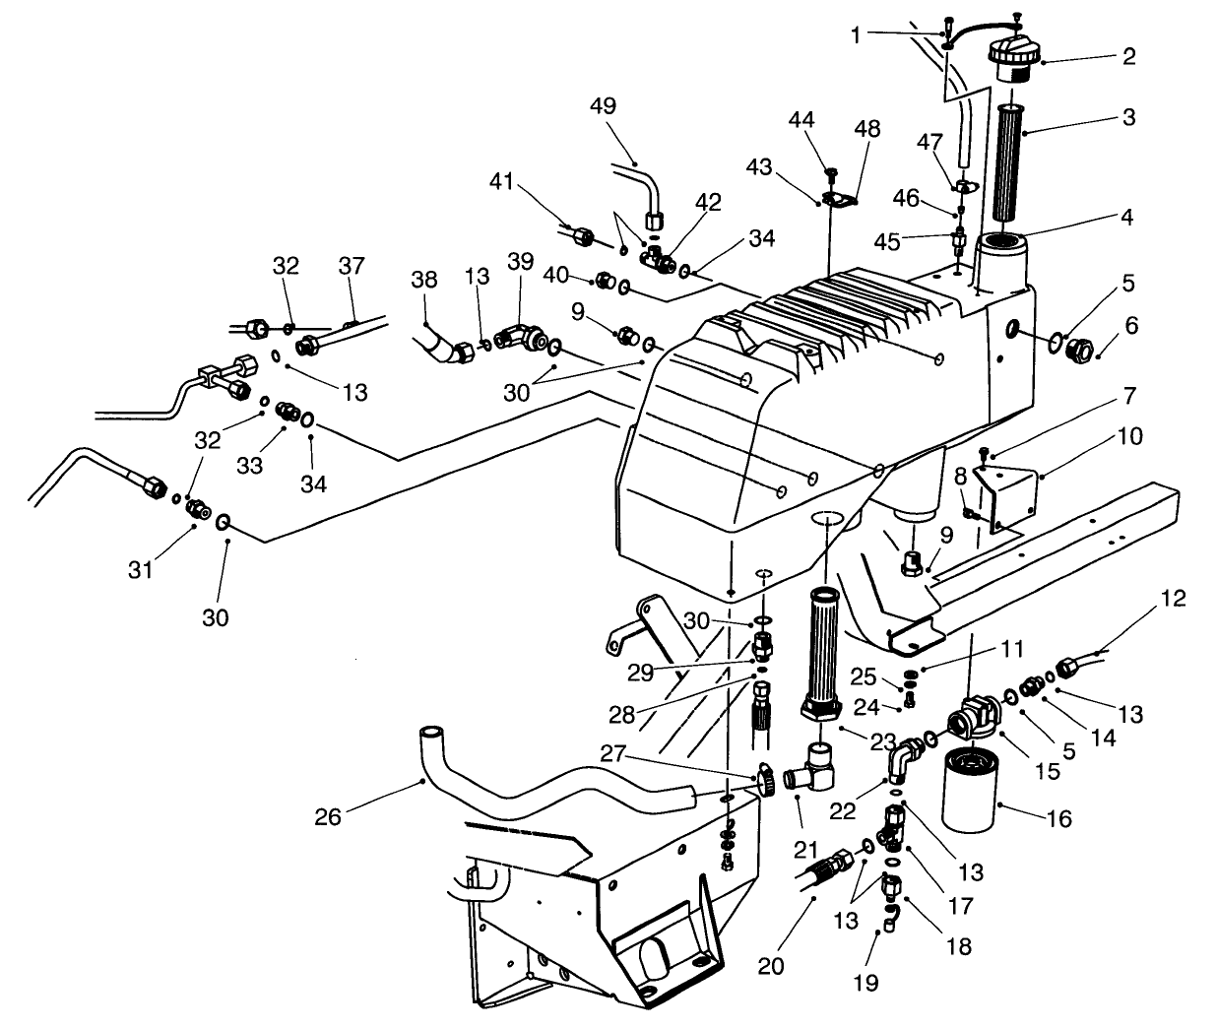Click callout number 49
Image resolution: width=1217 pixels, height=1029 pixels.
coord(603,106)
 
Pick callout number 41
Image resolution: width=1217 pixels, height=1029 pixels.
coord(503,181)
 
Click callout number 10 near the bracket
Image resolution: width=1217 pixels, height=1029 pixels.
coord(1130,435)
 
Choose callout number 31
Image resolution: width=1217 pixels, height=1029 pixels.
coord(141,569)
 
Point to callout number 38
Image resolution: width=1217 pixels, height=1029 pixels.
coord(424,279)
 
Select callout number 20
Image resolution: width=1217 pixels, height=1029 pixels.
coord(771,967)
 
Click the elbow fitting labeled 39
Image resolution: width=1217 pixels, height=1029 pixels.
coord(520,337)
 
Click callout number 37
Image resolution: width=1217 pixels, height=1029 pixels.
coord(352,267)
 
